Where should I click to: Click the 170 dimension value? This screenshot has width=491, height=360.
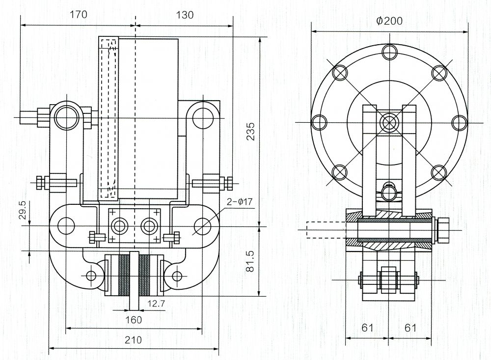point(78,15)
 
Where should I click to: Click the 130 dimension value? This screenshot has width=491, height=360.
point(185,15)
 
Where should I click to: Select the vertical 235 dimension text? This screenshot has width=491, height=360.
point(250,132)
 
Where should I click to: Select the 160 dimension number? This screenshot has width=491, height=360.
point(133,320)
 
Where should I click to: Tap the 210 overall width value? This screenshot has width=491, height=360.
point(133,340)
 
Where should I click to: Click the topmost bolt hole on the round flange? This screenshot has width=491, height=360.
point(389,52)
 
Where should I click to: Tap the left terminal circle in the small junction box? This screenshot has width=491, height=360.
point(119,226)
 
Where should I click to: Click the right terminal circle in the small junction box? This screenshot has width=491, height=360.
point(148,226)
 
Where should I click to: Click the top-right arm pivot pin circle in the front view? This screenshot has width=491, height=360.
point(201,117)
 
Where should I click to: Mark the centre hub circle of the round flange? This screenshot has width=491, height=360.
point(389,122)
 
